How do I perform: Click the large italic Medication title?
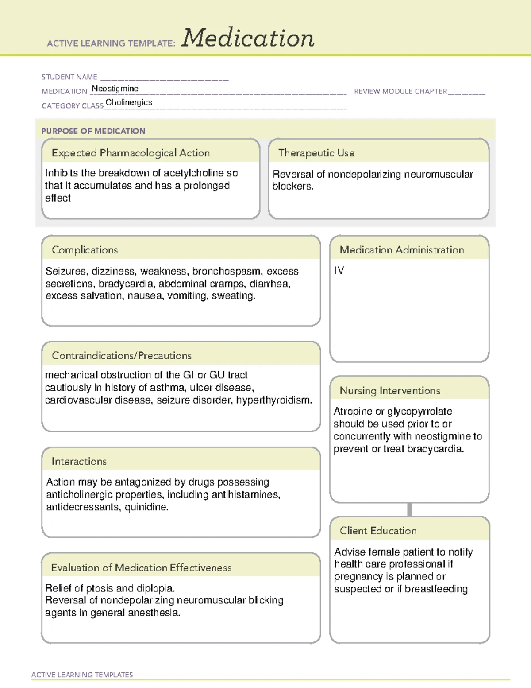[248, 38]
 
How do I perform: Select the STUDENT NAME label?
[69, 77]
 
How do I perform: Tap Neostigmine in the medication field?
[115, 89]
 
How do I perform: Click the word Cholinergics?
[129, 102]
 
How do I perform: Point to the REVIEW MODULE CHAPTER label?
[400, 91]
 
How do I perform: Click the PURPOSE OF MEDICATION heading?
[93, 131]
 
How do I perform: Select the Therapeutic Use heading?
[316, 153]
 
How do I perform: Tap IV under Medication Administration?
[339, 270]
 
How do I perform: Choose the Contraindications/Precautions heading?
[122, 355]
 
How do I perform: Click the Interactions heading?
[79, 461]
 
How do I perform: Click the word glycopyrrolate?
[419, 412]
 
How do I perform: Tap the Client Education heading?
[378, 531]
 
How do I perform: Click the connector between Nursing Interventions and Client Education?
[409, 509]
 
